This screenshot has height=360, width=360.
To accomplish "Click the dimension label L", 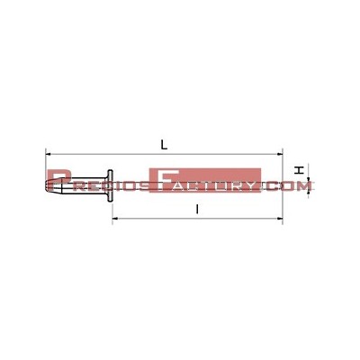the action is (164, 145).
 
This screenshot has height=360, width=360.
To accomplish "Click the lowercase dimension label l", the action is (197, 209).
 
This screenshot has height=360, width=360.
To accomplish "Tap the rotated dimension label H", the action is (299, 170).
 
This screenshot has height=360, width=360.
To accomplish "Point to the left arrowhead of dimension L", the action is (48, 154).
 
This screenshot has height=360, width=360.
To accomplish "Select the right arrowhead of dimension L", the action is (280, 154).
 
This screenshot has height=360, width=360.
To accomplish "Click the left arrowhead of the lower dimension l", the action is (115, 219).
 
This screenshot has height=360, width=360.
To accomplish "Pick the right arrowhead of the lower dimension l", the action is (280, 219).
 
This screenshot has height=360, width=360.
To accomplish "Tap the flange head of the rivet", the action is (111, 185).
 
